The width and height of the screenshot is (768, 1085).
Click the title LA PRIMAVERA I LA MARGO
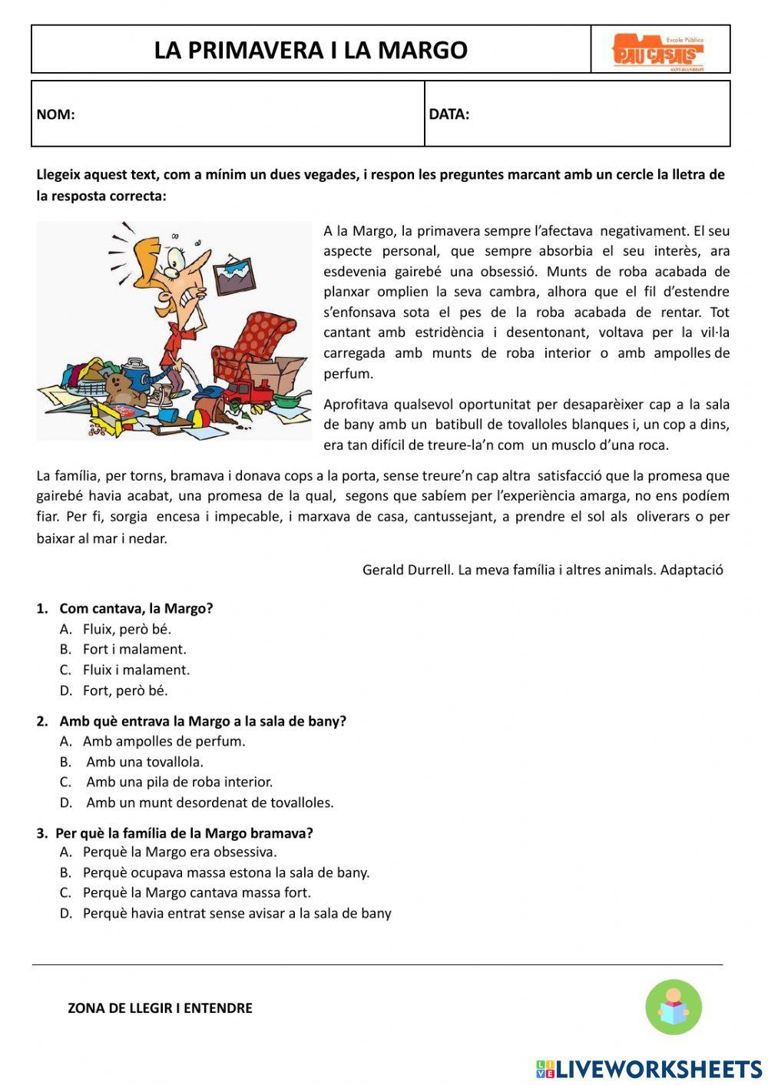(x=310, y=50)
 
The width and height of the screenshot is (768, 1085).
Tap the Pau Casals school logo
(x=658, y=51)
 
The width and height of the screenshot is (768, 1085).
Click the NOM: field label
(x=55, y=114)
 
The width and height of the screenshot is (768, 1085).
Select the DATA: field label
(x=449, y=114)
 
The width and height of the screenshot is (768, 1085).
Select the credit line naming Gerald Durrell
(x=542, y=570)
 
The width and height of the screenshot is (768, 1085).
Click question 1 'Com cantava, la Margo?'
(x=135, y=608)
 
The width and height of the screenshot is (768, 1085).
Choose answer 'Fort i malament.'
(x=134, y=649)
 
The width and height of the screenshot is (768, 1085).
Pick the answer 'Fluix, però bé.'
(x=127, y=629)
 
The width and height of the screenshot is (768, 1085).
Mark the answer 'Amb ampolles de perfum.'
(x=164, y=741)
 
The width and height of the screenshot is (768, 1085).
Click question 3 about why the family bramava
(x=184, y=833)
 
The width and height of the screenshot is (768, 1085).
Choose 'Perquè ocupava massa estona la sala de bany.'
(x=226, y=872)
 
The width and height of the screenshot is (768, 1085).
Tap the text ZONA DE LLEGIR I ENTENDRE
(x=160, y=1008)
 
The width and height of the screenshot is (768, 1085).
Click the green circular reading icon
(x=674, y=1007)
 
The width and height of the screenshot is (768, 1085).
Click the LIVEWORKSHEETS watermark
(x=649, y=1069)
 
